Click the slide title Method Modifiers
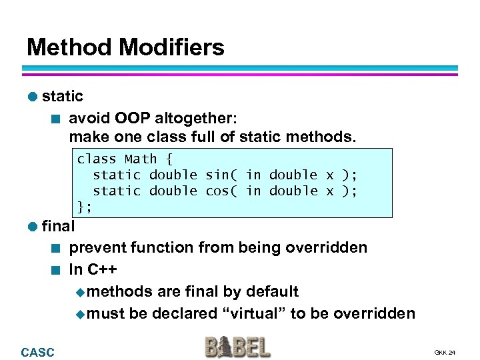click(125, 47)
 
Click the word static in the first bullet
click(63, 96)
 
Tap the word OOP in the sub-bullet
click(132, 118)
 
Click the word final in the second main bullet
click(58, 226)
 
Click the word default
click(272, 291)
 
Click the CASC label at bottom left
click(38, 352)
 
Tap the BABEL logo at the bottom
click(237, 347)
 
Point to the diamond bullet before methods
click(81, 292)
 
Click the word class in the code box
click(97, 159)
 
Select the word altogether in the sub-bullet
click(195, 118)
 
